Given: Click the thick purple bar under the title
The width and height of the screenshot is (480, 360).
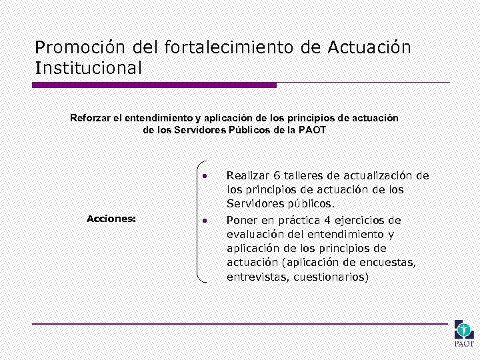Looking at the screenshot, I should point(155,85).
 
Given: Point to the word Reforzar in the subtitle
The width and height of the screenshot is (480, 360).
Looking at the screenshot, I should point(90,118).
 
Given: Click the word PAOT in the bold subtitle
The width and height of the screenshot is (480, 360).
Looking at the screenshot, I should point(313,130).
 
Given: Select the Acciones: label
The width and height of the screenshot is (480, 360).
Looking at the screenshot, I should point(112,218).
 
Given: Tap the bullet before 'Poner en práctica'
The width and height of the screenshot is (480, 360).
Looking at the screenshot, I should point(207,221).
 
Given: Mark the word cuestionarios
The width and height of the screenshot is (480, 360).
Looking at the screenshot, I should point(331,277).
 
